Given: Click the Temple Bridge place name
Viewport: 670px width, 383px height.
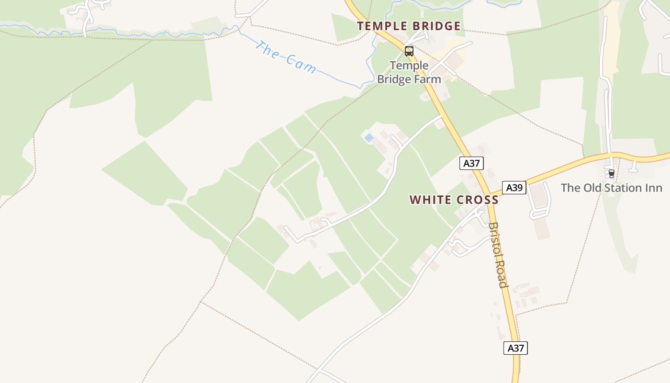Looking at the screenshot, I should (409, 26).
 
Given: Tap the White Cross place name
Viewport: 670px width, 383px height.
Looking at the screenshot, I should (454, 200).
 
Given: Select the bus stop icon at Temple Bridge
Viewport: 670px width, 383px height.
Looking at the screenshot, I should (409, 51).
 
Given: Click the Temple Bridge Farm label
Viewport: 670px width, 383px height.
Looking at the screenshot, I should (409, 72).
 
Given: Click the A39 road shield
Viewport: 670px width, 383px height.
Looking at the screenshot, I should (514, 188).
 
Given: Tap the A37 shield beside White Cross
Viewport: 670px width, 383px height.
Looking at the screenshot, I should (471, 163).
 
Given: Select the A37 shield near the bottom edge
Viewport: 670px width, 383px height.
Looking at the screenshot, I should (515, 348).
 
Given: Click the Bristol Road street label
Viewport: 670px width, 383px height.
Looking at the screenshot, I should (498, 254).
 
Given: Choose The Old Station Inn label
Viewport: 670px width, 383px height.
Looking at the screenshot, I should (611, 188).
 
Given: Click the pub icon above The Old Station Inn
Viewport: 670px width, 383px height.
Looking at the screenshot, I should (611, 173).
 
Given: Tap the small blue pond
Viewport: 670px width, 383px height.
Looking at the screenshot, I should (369, 138).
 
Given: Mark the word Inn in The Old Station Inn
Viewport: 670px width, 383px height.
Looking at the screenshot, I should (653, 188).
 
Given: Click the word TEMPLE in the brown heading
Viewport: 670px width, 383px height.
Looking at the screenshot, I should (381, 26).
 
